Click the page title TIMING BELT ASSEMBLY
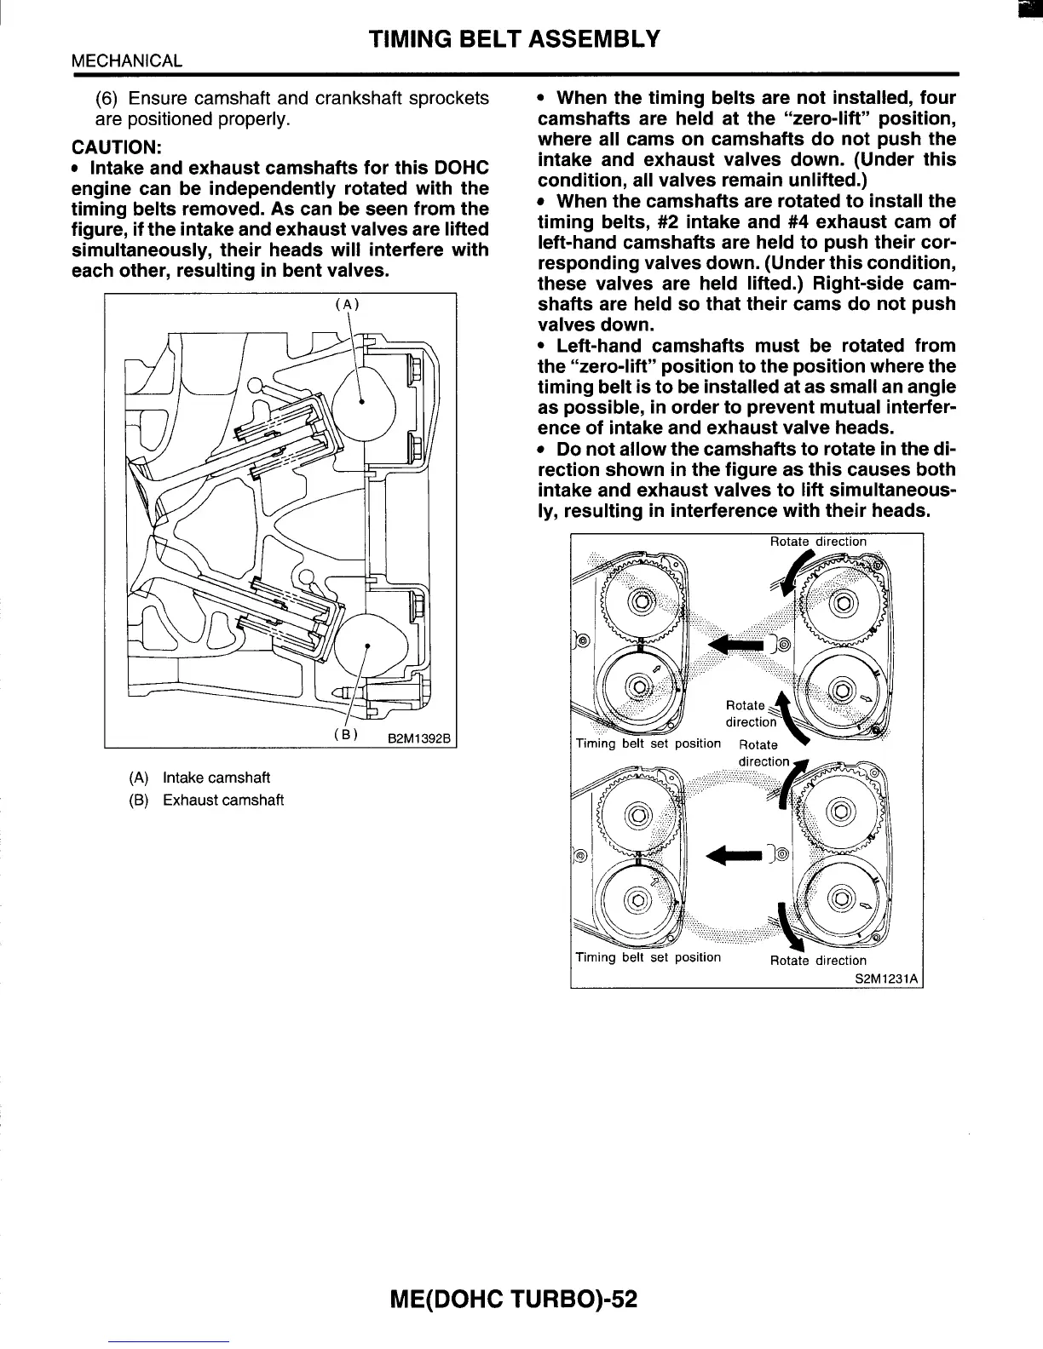point(514,38)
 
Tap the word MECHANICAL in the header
point(127,60)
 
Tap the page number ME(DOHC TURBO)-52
point(514,1300)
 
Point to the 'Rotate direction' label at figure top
point(817,542)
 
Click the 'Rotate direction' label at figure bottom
point(817,961)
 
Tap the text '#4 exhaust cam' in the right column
point(868,221)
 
